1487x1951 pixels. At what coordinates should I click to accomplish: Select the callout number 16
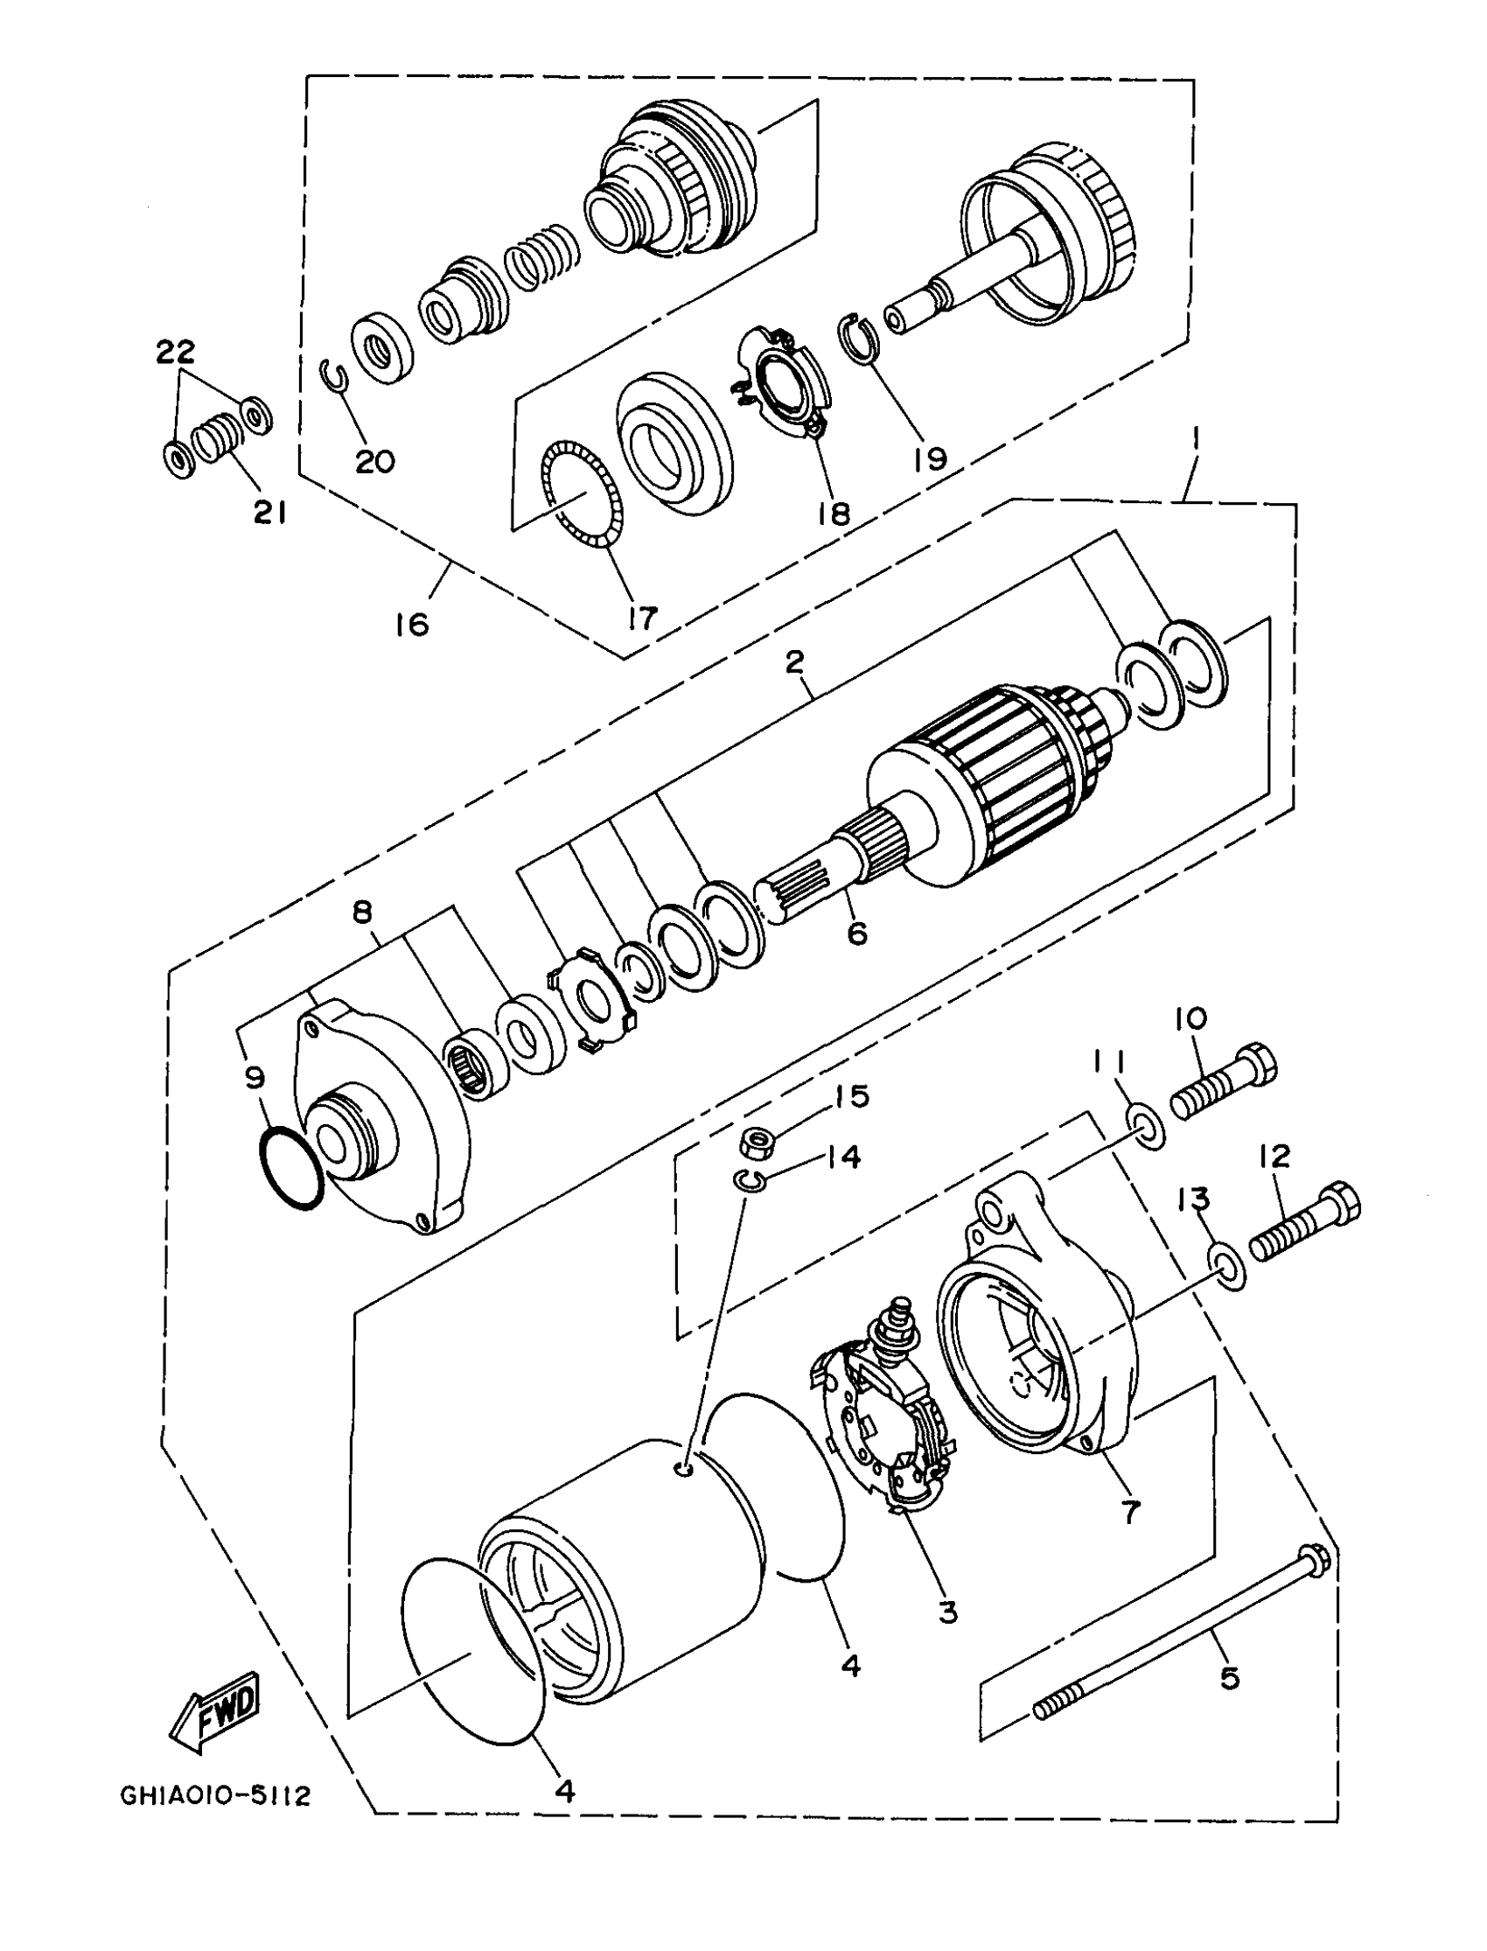click(413, 624)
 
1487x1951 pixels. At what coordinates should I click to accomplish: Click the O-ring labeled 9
click(290, 1169)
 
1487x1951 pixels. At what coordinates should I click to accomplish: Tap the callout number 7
click(1130, 1513)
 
